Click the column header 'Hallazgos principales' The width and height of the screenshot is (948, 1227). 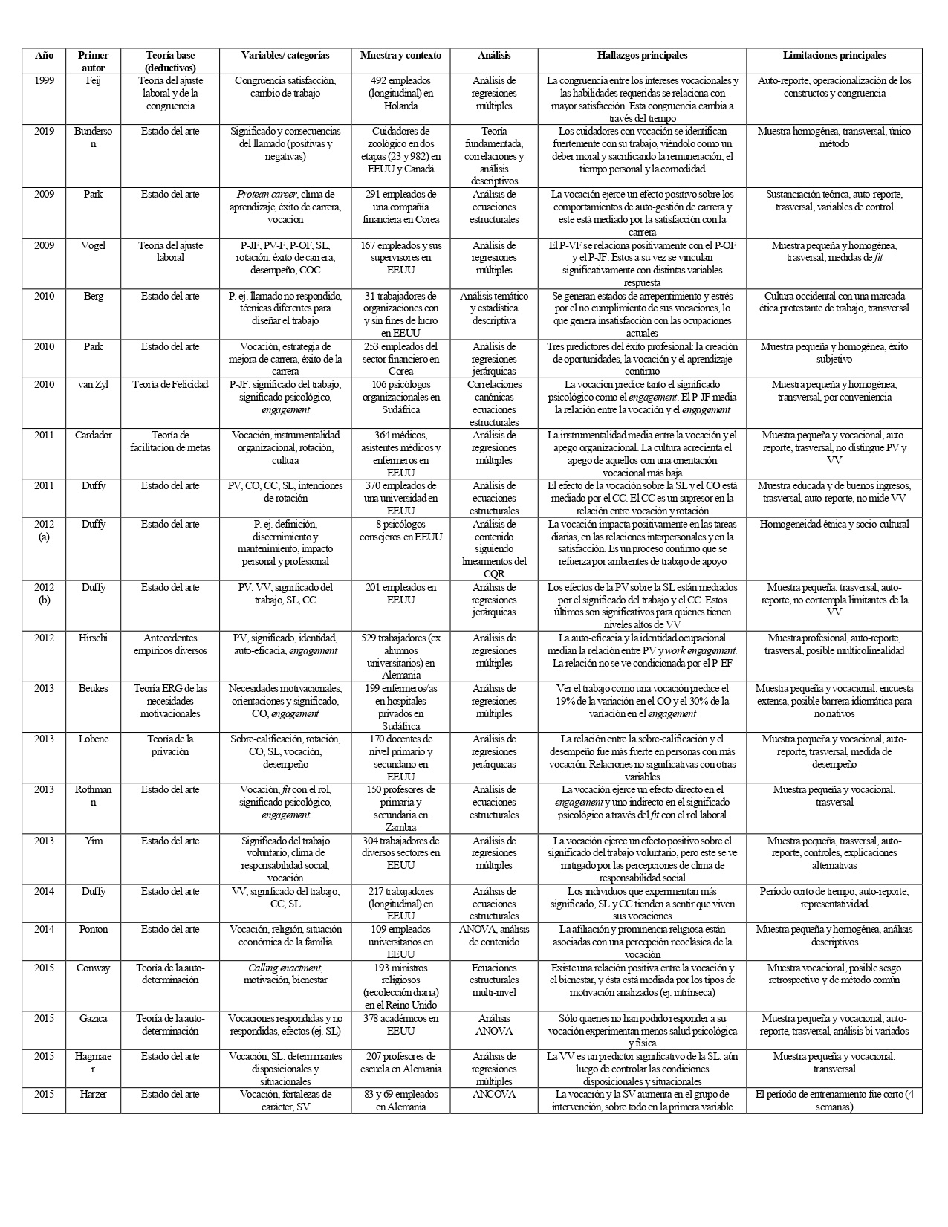(642, 56)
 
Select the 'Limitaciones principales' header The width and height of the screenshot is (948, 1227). (834, 56)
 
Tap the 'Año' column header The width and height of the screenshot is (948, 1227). (44, 56)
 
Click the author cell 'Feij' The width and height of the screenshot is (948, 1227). (93, 80)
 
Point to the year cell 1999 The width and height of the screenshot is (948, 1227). (44, 80)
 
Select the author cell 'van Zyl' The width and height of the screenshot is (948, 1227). (93, 385)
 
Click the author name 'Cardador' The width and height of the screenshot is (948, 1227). (93, 436)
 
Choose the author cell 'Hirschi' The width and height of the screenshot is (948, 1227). (93, 638)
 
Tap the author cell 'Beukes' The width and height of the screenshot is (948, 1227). (93, 689)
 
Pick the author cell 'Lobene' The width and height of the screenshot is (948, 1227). (93, 739)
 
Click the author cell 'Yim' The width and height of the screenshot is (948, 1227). (93, 841)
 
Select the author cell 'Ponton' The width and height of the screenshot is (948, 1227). (93, 930)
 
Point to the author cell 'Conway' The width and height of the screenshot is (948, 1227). (93, 968)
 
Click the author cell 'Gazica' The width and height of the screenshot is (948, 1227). (93, 1018)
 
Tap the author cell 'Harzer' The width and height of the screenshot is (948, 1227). (93, 1094)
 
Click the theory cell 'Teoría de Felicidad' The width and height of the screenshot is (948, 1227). (170, 385)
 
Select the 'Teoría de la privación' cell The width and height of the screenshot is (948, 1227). (170, 745)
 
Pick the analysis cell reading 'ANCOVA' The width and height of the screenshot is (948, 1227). (493, 1094)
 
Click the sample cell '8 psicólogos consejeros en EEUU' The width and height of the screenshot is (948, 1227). (400, 531)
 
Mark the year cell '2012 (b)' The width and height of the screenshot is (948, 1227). (44, 594)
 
